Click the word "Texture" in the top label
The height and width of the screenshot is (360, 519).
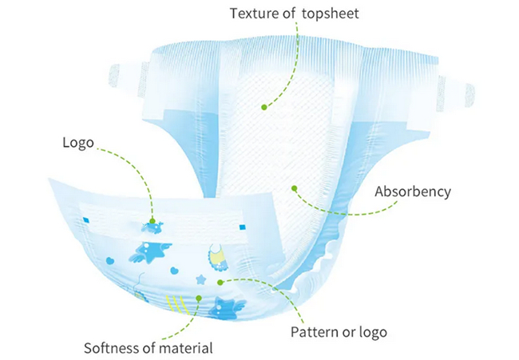point(254,14)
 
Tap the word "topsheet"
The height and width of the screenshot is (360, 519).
point(331,14)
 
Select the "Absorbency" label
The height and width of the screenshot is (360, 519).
point(413,192)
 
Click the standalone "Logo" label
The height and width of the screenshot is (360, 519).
point(78,143)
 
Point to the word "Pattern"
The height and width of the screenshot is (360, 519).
point(315,332)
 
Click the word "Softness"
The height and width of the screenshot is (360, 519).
point(112,348)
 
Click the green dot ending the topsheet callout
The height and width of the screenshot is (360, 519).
point(263,107)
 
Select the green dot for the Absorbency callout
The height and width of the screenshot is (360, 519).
point(295,188)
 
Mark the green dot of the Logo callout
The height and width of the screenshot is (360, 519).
point(153,221)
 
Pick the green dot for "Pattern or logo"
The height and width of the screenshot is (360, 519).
point(220,283)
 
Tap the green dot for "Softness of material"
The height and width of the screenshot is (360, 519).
point(199,299)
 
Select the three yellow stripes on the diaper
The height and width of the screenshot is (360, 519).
point(178,304)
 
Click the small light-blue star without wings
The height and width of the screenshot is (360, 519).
point(200,279)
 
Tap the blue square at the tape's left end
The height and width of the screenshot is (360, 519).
point(86,220)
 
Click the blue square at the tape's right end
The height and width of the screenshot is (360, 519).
point(242,227)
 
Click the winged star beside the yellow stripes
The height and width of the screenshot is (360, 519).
point(227,309)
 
